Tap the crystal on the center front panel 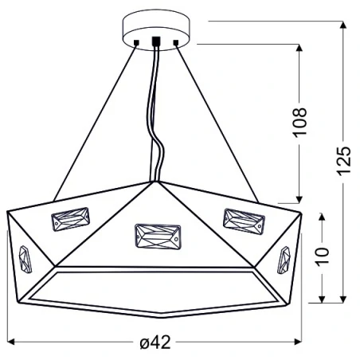click(156, 236)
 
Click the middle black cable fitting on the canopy click(156, 42)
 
